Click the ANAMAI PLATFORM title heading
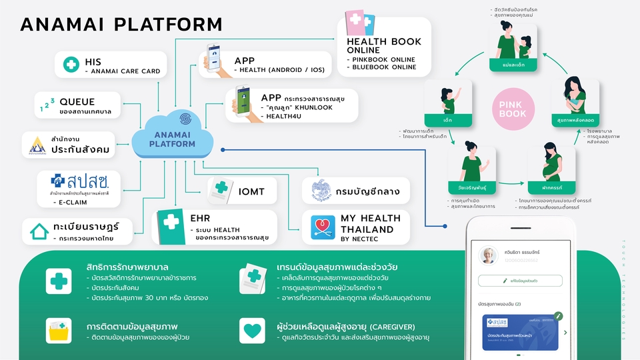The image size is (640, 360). click(121, 25)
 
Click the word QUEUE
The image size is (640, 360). click(77, 102)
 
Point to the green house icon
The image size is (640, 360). click(39, 232)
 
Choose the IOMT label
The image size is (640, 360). click(251, 191)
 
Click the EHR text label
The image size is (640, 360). click(200, 218)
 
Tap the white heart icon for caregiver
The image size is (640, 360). click(253, 331)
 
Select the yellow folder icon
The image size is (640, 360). click(58, 331)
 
